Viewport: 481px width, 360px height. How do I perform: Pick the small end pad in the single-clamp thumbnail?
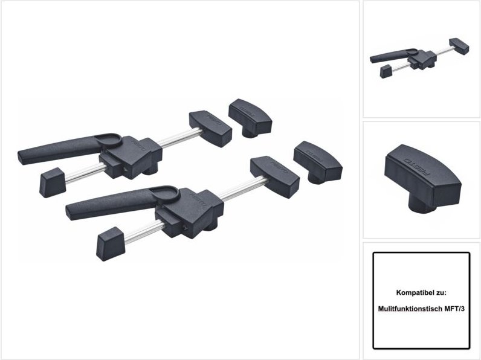(x=384, y=72)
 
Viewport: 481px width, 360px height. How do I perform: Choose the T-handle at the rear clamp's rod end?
(x=210, y=123)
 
